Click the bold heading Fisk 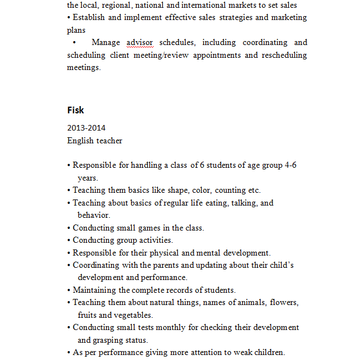pyautogui.click(x=76, y=110)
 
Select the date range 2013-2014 pyautogui.click(x=86, y=128)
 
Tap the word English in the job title pyautogui.click(x=79, y=141)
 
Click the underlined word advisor pyautogui.click(x=139, y=42)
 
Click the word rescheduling pyautogui.click(x=284, y=55)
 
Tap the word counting pyautogui.click(x=230, y=190)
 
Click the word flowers pyautogui.click(x=284, y=302)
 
